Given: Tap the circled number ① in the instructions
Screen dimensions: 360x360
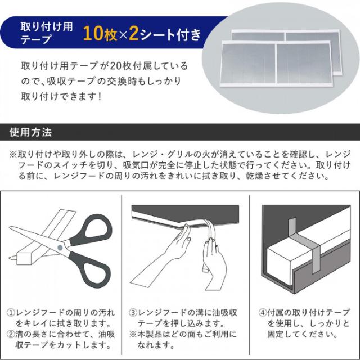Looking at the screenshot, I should click(x=11, y=312).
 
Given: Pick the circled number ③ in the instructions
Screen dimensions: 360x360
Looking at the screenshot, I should click(x=134, y=312).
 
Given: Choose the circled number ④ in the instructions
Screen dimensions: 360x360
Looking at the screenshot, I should click(x=262, y=312).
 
